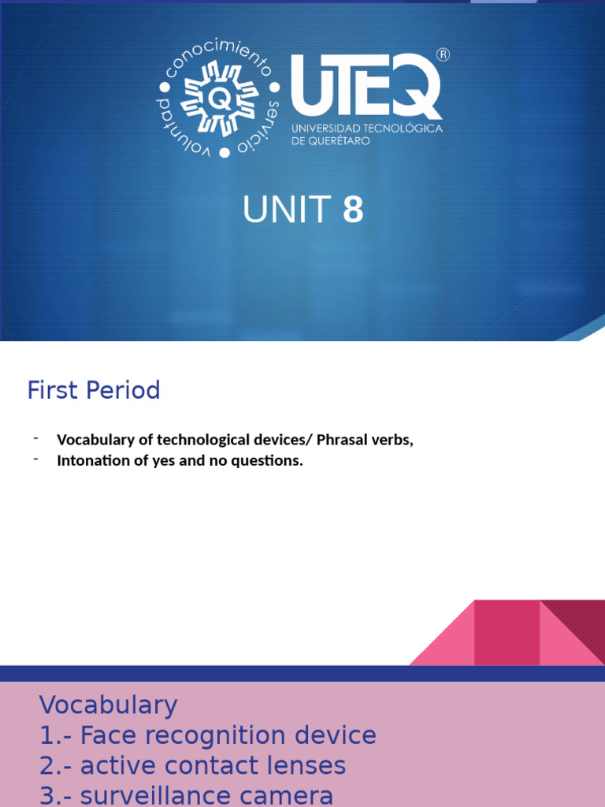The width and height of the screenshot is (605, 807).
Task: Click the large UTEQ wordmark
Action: [366, 87]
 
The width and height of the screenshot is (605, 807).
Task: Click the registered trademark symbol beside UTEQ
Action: [443, 55]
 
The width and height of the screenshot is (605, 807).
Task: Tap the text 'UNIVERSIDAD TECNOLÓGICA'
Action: [366, 128]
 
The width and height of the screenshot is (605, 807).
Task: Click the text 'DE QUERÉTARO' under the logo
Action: [330, 140]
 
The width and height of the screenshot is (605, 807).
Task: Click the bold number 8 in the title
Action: [352, 210]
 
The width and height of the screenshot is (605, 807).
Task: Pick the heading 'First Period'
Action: [94, 390]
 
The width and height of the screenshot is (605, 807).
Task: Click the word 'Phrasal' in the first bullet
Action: [340, 441]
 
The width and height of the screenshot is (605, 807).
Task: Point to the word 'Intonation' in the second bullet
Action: [88, 461]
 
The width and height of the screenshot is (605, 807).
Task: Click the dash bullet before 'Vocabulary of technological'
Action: [36, 438]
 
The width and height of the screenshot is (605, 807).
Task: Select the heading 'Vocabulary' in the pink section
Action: [109, 705]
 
